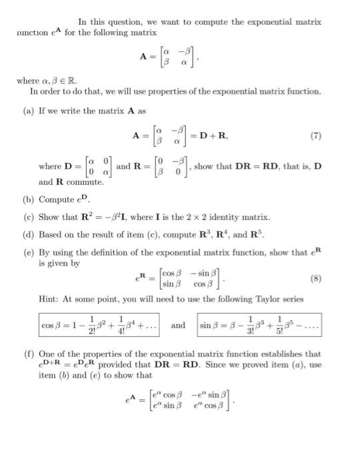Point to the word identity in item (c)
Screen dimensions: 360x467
pyautogui.click(x=220, y=217)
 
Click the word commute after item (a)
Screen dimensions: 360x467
pyautogui.click(x=85, y=181)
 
